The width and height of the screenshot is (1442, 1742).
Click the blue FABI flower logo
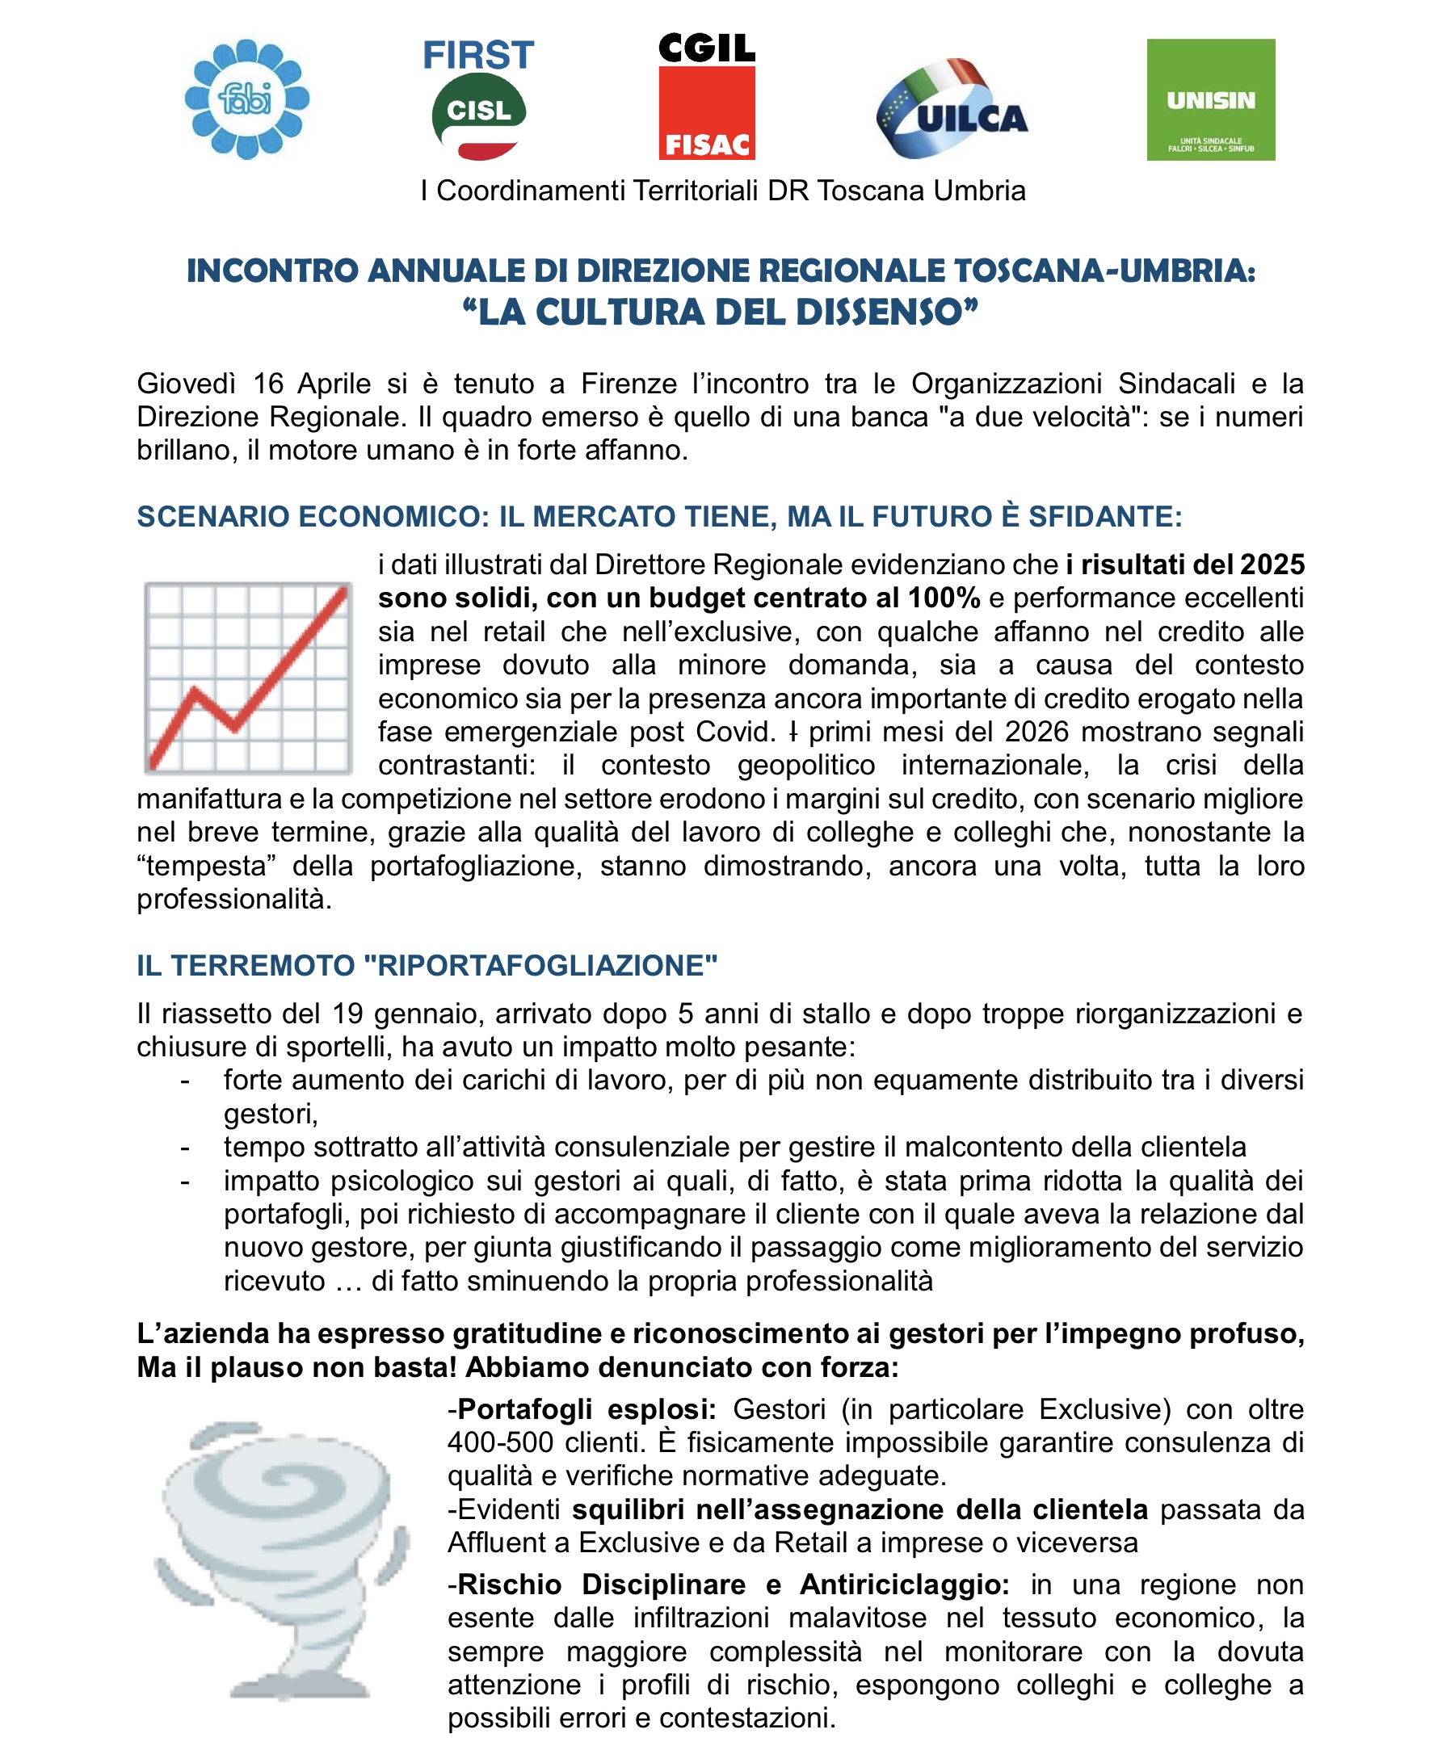(x=246, y=99)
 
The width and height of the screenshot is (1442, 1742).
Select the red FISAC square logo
(x=707, y=113)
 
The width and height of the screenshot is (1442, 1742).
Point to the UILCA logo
(x=952, y=109)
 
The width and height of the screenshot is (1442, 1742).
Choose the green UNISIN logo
(x=1210, y=99)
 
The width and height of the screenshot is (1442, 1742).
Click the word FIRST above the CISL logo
(x=478, y=56)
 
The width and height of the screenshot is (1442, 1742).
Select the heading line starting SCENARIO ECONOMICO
(x=658, y=517)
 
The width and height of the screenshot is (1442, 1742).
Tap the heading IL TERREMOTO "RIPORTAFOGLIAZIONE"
(x=427, y=966)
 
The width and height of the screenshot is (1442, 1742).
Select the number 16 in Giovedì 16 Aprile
(x=269, y=384)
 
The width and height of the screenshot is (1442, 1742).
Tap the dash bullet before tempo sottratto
(x=185, y=1148)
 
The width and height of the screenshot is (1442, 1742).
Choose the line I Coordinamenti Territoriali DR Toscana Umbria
(x=723, y=191)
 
